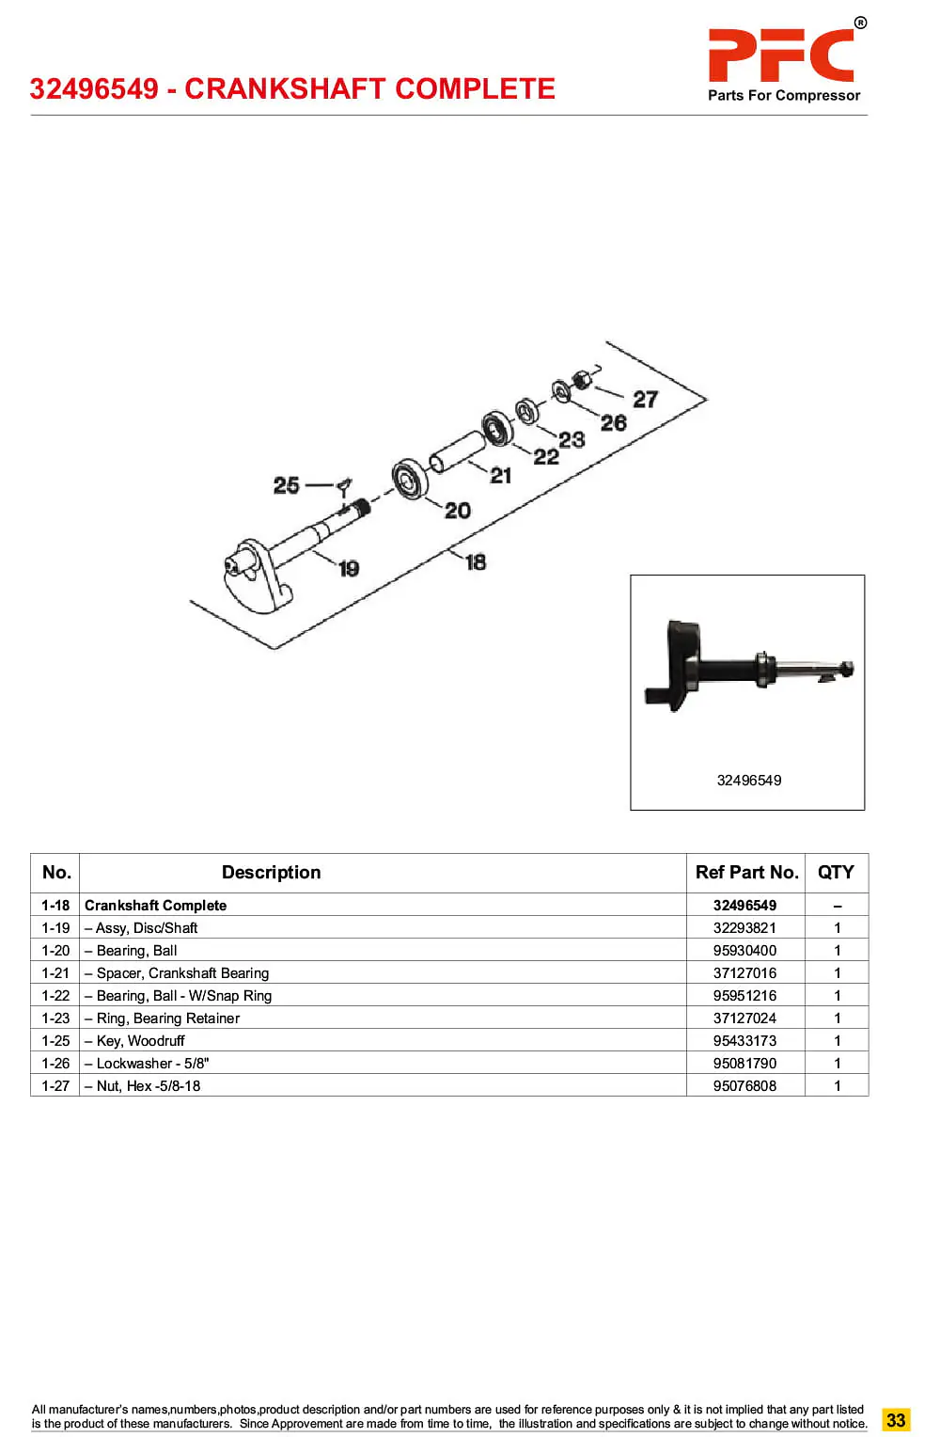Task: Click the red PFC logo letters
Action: pyautogui.click(x=781, y=55)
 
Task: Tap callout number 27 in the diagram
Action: pyautogui.click(x=645, y=399)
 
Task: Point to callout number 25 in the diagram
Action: pyautogui.click(x=287, y=485)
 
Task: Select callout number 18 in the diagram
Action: pyautogui.click(x=476, y=562)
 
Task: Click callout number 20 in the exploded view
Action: pyautogui.click(x=458, y=511)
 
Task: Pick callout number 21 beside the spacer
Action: pyautogui.click(x=501, y=476)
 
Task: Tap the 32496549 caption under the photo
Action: pyautogui.click(x=748, y=781)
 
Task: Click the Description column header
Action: pyautogui.click(x=271, y=873)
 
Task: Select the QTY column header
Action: pyautogui.click(x=836, y=873)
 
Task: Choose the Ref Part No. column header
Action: pyautogui.click(x=746, y=873)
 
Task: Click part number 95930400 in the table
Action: pyautogui.click(x=744, y=951)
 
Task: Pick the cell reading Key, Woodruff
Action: pyautogui.click(x=140, y=1041)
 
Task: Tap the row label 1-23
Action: pyautogui.click(x=55, y=1019)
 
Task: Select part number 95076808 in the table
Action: pyautogui.click(x=744, y=1086)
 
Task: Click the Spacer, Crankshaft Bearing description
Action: pyautogui.click(x=182, y=973)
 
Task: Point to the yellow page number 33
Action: pyautogui.click(x=896, y=1420)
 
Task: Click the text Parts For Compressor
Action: pyautogui.click(x=784, y=96)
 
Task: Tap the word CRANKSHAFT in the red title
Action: pyautogui.click(x=281, y=88)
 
